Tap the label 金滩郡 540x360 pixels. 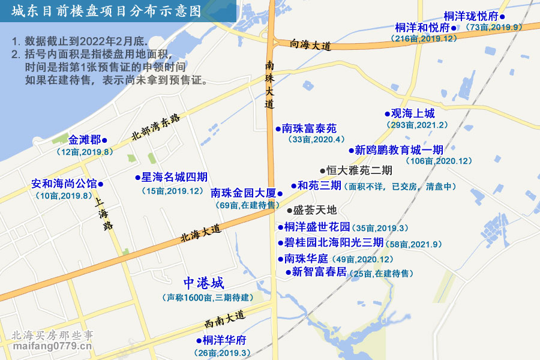coord(85,140)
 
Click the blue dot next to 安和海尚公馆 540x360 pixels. coord(100,184)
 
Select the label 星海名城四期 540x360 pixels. coord(175,177)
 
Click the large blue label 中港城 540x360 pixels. coord(203,283)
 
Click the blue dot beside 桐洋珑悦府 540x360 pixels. coord(502,17)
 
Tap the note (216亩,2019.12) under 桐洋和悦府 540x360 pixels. coord(423,38)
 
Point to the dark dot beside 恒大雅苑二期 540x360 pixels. coord(322,170)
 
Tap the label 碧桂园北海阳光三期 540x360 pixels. coord(334,243)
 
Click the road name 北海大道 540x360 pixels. coord(200,233)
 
